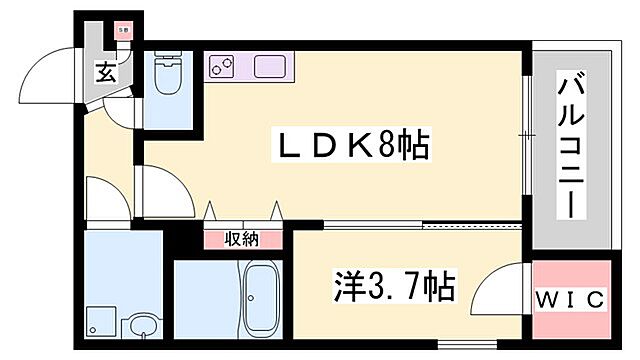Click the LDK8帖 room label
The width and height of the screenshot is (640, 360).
pos(351,148)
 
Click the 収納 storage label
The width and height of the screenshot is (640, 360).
pos(241,239)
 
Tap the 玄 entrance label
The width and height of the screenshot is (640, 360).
pos(105,72)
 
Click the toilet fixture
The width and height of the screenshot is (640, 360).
pos(167,74)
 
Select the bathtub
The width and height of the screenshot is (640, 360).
pos(261,299)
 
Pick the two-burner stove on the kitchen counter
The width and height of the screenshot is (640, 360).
pos(220,67)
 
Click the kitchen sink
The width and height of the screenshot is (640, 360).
pos(269,67)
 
